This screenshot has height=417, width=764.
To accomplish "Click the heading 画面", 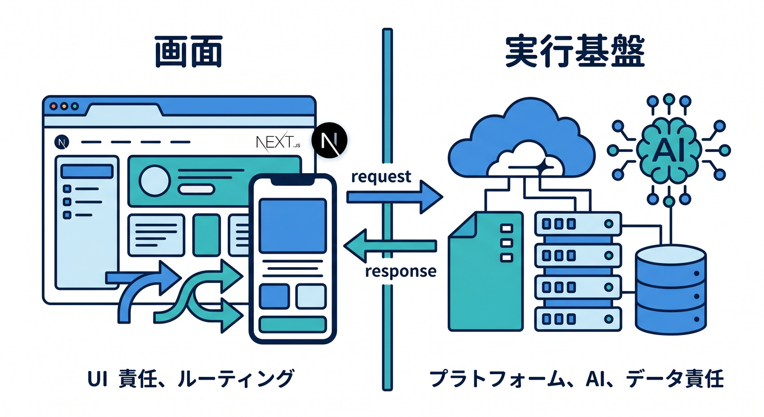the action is tap(189, 52).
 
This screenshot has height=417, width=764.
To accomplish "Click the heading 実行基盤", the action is tap(575, 51).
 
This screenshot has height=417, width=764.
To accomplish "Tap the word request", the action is tap(381, 177).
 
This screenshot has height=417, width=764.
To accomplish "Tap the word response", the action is tap(401, 271).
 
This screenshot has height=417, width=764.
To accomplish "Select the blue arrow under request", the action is tap(394, 197).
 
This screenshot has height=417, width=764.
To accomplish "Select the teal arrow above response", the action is tap(390, 246).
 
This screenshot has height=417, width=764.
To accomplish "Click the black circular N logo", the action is tap(329, 140).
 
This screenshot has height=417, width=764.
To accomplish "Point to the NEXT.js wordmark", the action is tap(278, 142).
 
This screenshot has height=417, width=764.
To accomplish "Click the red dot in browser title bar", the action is tap(53, 106).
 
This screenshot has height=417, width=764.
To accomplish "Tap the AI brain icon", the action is tap(668, 150).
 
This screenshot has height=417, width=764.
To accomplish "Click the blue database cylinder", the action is tap(671, 289).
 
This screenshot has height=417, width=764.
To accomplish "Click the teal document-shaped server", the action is tap(486, 271).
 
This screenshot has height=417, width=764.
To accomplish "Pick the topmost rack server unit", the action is tap(578, 224).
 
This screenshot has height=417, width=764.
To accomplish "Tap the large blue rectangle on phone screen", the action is tap(292, 226).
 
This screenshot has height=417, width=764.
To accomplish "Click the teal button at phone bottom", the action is tap(292, 325).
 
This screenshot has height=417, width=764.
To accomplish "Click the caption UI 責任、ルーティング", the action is tap(190, 378).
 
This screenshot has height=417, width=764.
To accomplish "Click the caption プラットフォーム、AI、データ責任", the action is tap(576, 379).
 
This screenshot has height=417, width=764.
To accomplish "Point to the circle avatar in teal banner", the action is tap(155, 180).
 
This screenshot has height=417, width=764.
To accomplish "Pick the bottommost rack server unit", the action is tap(578, 319).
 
